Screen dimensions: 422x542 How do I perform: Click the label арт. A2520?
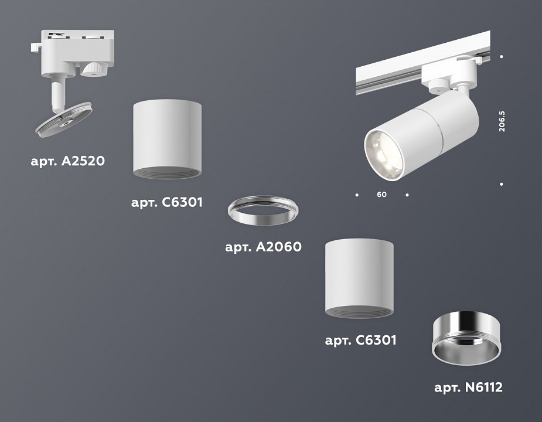point(67,161)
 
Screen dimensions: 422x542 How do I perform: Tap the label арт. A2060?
point(263,247)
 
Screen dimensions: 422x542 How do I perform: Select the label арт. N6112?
point(468,387)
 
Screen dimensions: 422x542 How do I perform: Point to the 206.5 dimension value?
point(502,120)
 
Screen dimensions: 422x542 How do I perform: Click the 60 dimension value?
point(382,195)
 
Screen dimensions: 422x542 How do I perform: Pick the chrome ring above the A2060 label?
point(263,213)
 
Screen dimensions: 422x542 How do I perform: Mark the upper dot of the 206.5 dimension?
point(502,57)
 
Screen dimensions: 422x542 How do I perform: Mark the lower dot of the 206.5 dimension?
point(502,184)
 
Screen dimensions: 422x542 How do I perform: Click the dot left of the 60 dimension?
point(356,194)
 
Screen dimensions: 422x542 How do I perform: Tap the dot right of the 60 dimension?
point(407,194)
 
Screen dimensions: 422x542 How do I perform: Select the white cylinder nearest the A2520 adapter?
point(168,138)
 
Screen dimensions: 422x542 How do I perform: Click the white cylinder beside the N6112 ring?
point(359,278)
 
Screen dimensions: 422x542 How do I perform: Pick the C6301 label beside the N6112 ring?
point(360,340)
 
